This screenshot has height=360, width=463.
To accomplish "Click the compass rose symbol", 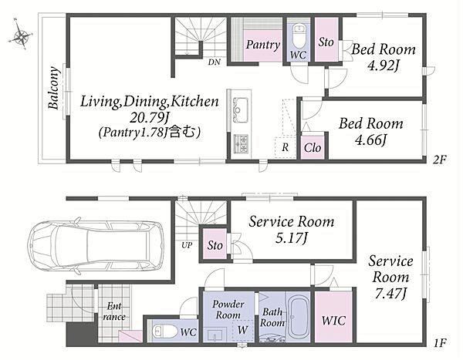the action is pyautogui.click(x=21, y=35).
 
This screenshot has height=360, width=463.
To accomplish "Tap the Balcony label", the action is pyautogui.click(x=54, y=88).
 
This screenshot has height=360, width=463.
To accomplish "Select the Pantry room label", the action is pyautogui.click(x=263, y=45).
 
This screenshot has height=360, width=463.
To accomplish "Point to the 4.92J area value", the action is pyautogui.click(x=383, y=66).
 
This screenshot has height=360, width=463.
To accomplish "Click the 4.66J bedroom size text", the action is pyautogui.click(x=370, y=140).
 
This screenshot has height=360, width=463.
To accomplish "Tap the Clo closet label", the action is pyautogui.click(x=313, y=148).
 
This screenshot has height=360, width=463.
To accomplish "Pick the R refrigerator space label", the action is pyautogui.click(x=285, y=147).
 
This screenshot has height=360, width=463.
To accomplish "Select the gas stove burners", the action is pyautogui.click(x=241, y=143).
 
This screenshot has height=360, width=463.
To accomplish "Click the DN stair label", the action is pyautogui.click(x=214, y=62).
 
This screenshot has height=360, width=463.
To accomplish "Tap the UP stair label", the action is pyautogui.click(x=187, y=245).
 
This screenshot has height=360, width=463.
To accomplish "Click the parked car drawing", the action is pyautogui.click(x=97, y=245).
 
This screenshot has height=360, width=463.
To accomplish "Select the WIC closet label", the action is pyautogui.click(x=333, y=321).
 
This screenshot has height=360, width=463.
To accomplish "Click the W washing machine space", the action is pyautogui.click(x=243, y=330).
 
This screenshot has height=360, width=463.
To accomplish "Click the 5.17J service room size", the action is pyautogui.click(x=292, y=238).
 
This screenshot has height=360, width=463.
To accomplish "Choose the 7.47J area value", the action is pyautogui.click(x=390, y=294).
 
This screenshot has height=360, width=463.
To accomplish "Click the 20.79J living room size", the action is pyautogui.click(x=150, y=118).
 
